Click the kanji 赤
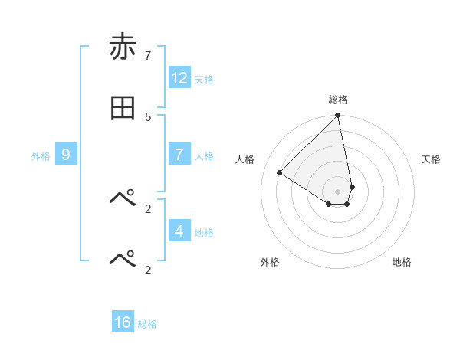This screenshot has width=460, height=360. click(123, 47)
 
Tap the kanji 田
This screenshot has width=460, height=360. click(123, 108)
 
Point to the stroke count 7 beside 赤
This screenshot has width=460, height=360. click(148, 55)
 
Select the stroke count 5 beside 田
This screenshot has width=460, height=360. click(148, 116)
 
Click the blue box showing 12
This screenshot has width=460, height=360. click(179, 78)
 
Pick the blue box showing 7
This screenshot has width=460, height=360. click(179, 155)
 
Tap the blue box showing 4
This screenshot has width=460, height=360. click(179, 231)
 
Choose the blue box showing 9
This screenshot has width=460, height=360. click(66, 155)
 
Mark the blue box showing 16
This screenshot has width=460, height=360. click(123, 322)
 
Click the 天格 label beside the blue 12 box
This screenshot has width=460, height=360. click(204, 79)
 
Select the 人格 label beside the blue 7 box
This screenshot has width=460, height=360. click(204, 155)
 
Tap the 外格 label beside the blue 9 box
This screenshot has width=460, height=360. click(41, 155)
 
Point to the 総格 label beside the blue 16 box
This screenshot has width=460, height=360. click(147, 323)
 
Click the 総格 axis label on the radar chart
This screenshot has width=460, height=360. click(338, 100)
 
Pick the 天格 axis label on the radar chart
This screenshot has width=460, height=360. click(431, 159)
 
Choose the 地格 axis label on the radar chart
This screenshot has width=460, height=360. click(402, 262)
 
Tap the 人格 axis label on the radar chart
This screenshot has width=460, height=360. click(245, 159)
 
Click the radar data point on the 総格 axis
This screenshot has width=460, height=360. click(338, 116)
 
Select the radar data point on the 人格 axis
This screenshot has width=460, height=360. click(280, 173)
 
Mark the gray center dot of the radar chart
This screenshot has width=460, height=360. click(338, 191)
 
